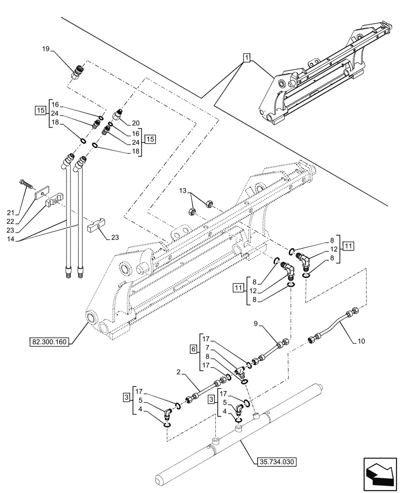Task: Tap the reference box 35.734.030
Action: pos(277,462)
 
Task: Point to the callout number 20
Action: pos(136,123)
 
